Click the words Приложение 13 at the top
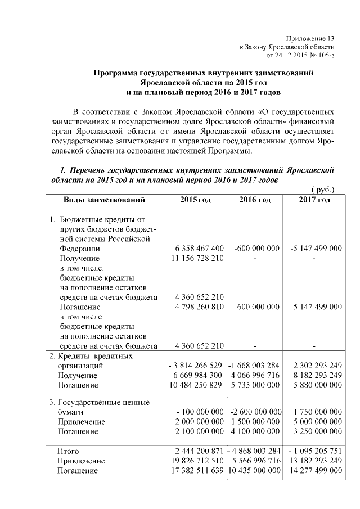coord(310,37)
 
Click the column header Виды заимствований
coord(104,200)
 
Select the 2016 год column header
coord(254,200)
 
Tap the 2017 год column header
coord(314,200)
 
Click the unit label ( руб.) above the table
coord(323,190)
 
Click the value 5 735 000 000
coord(255,385)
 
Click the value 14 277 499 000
coord(313,471)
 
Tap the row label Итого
coord(68,451)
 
